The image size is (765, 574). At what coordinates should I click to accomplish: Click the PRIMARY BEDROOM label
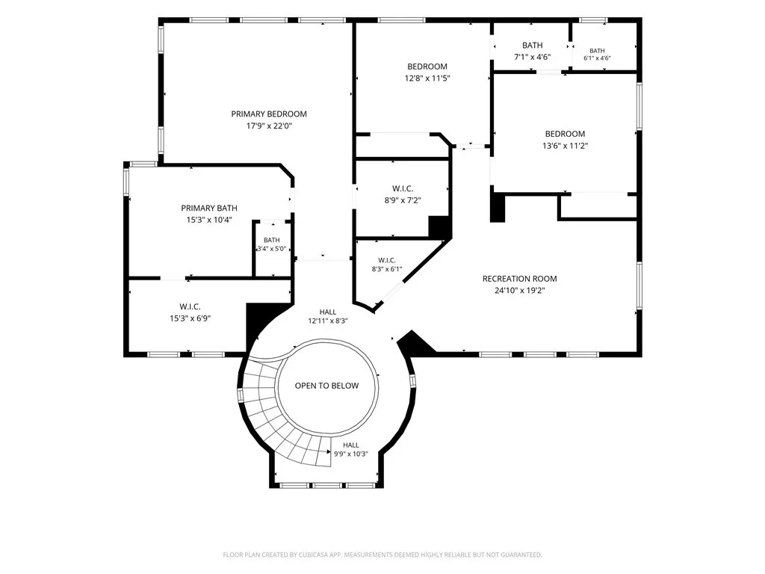pos(269,114)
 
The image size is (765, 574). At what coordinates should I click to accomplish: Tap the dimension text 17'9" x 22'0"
pos(269,126)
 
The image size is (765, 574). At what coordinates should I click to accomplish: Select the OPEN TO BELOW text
pos(326,386)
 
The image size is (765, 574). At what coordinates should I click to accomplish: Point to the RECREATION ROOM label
pos(520,279)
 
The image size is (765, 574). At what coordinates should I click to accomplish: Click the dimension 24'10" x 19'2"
pos(520,291)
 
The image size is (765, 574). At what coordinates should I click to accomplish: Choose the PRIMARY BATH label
pos(209,208)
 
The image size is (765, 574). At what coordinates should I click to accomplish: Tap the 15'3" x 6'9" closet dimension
pos(190,318)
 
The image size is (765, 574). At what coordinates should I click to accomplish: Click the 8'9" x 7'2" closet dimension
pos(403,200)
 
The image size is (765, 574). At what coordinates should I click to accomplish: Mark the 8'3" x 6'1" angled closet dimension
pos(387,269)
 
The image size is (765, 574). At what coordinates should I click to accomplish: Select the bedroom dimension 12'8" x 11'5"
pos(427,78)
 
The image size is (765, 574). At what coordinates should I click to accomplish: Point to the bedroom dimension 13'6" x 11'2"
pos(565,146)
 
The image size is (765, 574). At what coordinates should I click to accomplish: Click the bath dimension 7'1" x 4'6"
pos(532,57)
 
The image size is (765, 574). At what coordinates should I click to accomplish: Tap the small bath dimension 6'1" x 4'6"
pos(597,58)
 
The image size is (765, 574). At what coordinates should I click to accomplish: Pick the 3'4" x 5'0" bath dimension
pos(272,249)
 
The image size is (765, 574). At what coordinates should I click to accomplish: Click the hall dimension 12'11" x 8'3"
pos(328,321)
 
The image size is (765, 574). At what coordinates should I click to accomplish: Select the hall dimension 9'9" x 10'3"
pos(351,454)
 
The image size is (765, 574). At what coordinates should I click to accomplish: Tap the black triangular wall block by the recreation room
pos(415,341)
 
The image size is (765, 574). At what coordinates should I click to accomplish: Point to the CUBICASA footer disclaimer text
pos(382,555)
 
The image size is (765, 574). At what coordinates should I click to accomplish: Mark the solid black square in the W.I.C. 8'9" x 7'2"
pos(438,226)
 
